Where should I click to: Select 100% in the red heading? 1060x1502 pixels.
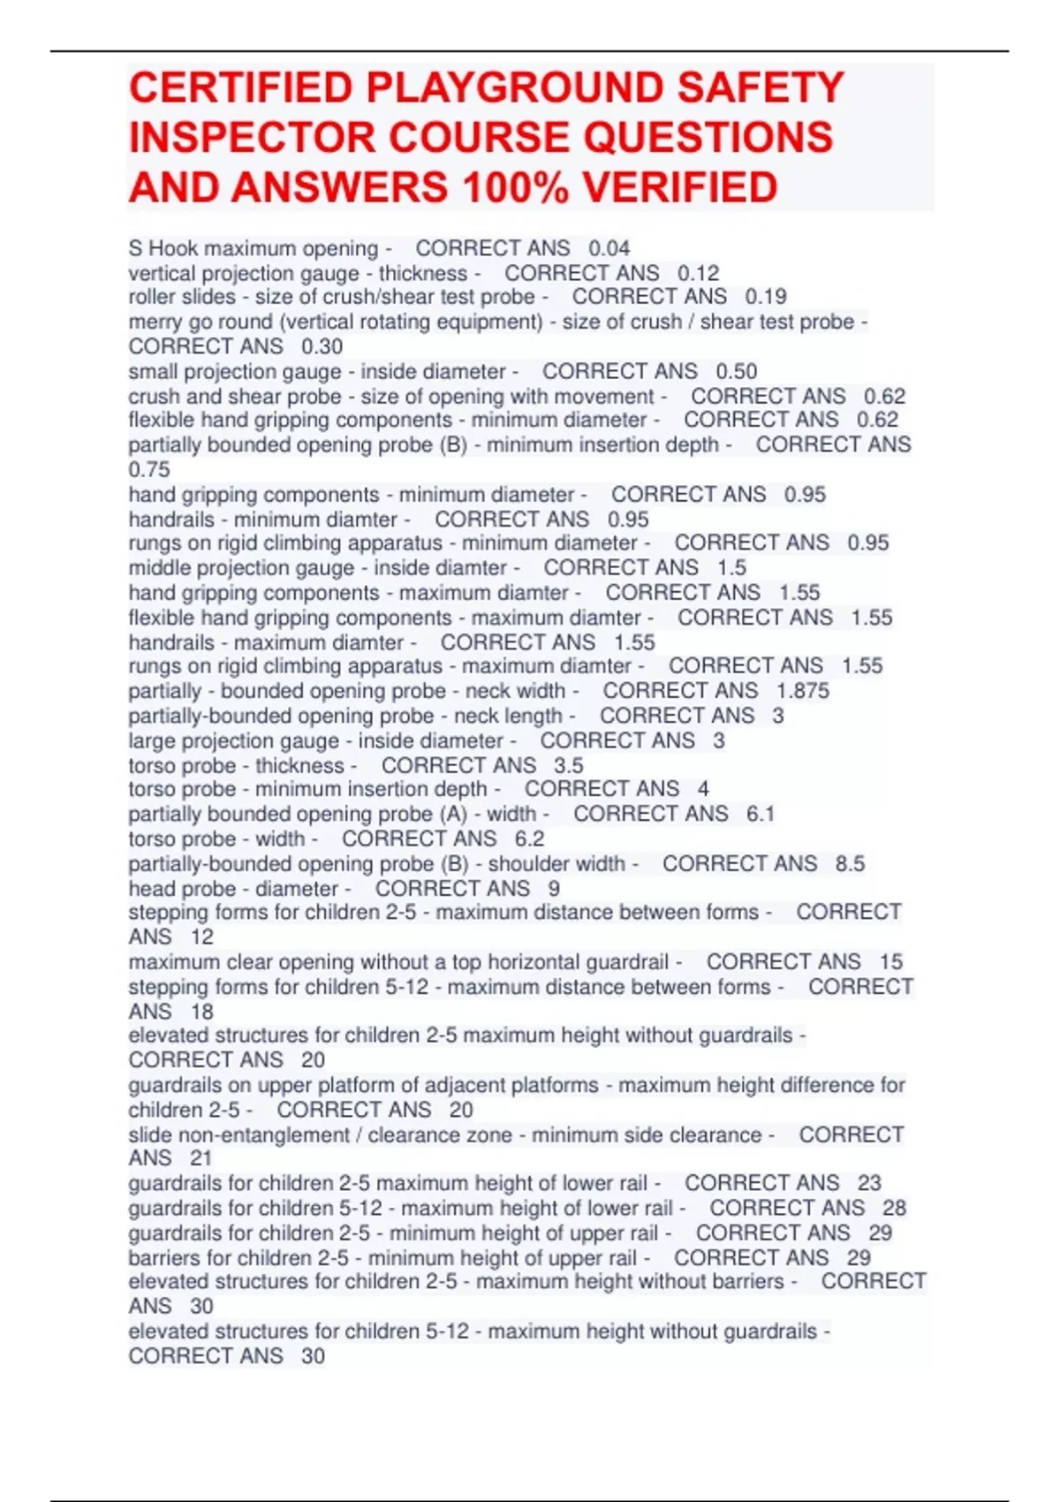pyautogui.click(x=505, y=187)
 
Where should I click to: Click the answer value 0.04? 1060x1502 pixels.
pyautogui.click(x=609, y=248)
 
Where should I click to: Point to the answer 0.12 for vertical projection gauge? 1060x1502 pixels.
pyautogui.click(x=698, y=273)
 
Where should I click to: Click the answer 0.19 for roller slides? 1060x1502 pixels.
pyautogui.click(x=765, y=297)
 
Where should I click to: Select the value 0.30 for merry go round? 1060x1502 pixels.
pyautogui.click(x=322, y=346)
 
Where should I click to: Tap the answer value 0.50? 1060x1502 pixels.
pyautogui.click(x=736, y=371)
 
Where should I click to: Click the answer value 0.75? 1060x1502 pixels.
pyautogui.click(x=149, y=469)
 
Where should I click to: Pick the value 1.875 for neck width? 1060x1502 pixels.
pyautogui.click(x=802, y=691)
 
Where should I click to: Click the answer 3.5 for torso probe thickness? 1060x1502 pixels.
pyautogui.click(x=568, y=765)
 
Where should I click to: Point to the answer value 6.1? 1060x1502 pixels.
pyautogui.click(x=760, y=814)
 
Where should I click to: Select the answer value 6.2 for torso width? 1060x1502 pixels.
pyautogui.click(x=529, y=838)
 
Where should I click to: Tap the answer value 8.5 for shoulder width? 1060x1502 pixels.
pyautogui.click(x=850, y=863)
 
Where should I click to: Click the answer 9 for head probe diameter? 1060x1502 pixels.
pyautogui.click(x=554, y=888)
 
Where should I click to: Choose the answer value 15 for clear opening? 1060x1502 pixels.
pyautogui.click(x=890, y=961)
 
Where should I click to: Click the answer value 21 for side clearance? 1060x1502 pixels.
pyautogui.click(x=201, y=1157)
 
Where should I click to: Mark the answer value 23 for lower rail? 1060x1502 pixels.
pyautogui.click(x=869, y=1183)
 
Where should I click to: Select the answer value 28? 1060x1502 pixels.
pyautogui.click(x=894, y=1208)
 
